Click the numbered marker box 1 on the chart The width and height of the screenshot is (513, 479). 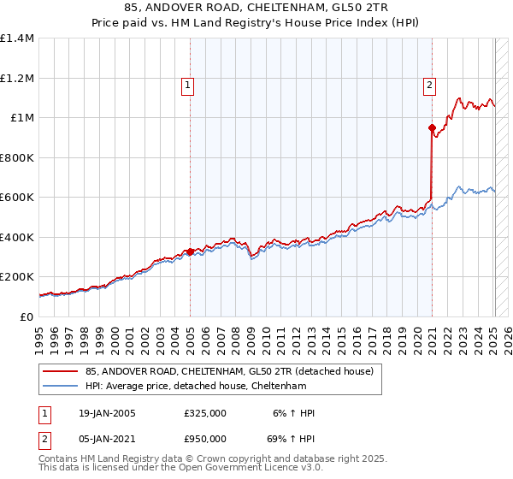(x=187, y=85)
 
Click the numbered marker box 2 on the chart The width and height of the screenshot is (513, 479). (x=428, y=85)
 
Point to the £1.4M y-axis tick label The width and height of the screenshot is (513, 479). (x=17, y=38)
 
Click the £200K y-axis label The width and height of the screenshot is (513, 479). (x=17, y=277)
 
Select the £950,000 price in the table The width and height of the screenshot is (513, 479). (x=205, y=439)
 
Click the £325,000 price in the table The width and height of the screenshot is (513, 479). (x=205, y=414)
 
